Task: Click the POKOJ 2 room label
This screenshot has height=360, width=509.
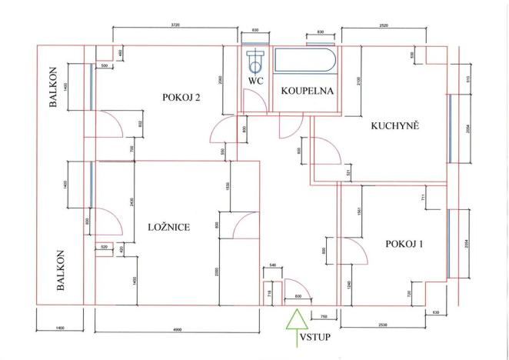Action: pyautogui.click(x=181, y=97)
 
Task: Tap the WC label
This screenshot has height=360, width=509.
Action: pyautogui.click(x=256, y=81)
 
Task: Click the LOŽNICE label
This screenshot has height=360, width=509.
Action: pyautogui.click(x=168, y=227)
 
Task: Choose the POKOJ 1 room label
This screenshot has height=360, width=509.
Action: pyautogui.click(x=406, y=244)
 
